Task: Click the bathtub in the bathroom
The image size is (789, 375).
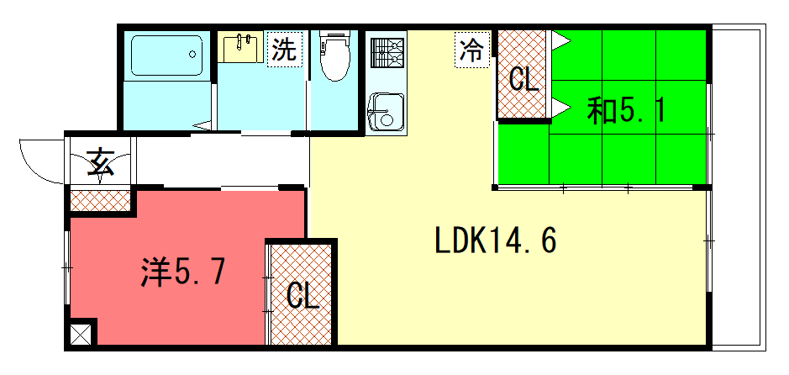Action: pyautogui.click(x=166, y=55)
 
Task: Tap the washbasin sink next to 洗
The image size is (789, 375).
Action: pyautogui.click(x=240, y=48)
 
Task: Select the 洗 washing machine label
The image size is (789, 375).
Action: pyautogui.click(x=284, y=50)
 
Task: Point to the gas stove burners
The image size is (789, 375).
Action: pyautogui.click(x=386, y=53)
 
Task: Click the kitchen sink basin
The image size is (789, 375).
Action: pyautogui.click(x=386, y=112)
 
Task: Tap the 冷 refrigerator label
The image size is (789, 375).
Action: pyautogui.click(x=472, y=50)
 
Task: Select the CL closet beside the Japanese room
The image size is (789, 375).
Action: pyautogui.click(x=523, y=75)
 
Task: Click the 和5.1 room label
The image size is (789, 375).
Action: pyautogui.click(x=627, y=112)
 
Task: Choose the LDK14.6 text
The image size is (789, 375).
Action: pyautogui.click(x=496, y=240)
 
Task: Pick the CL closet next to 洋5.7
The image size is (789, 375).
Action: pyautogui.click(x=302, y=294)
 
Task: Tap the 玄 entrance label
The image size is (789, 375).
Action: pyautogui.click(x=101, y=162)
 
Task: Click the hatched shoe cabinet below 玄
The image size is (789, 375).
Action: pyautogui.click(x=100, y=201)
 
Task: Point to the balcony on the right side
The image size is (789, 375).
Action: pyautogui.click(x=739, y=187)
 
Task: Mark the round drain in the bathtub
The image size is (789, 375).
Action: pyautogui.click(x=192, y=54)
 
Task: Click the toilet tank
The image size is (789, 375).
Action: pyautogui.click(x=335, y=37)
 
